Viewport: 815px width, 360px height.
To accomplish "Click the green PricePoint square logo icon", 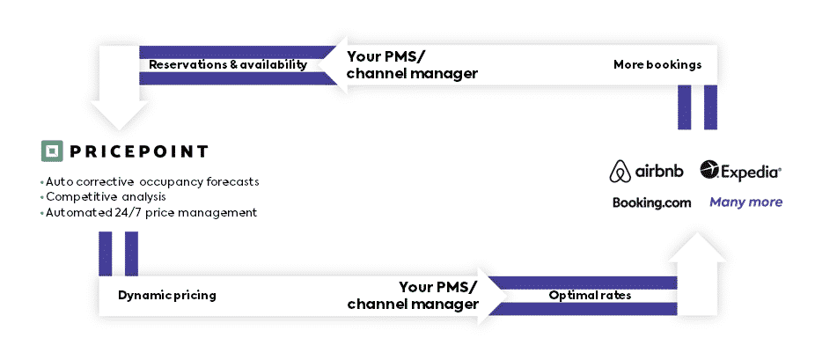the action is coord(52,151).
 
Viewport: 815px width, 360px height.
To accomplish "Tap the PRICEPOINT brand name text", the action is coord(139,151).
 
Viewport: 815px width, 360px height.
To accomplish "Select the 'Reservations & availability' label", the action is coord(228,65).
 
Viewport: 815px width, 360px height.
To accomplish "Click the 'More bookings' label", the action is coord(657,64).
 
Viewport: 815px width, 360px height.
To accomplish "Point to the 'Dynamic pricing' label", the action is coord(167,296).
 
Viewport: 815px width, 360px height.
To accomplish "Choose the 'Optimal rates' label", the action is coord(590,295).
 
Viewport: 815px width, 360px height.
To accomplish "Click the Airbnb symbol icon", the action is coord(620,172).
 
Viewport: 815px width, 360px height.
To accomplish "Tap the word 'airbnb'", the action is coord(659,171).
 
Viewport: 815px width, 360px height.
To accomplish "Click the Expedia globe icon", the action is coord(709,170).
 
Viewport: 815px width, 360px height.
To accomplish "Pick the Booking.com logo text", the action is coord(652,202).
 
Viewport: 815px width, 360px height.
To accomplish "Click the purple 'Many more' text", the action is coord(745,202).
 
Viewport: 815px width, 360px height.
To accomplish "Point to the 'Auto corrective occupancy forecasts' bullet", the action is coord(150,182).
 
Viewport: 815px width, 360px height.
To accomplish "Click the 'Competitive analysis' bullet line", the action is coord(103,197).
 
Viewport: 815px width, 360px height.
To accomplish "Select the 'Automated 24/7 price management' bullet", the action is coord(149,212).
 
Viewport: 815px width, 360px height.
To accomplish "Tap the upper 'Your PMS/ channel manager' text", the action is coord(412,65).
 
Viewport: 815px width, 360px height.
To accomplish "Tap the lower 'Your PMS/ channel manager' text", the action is coord(413,295).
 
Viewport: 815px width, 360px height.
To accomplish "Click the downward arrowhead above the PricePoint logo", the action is coord(119,115).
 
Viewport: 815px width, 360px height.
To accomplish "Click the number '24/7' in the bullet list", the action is coord(128,212).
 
